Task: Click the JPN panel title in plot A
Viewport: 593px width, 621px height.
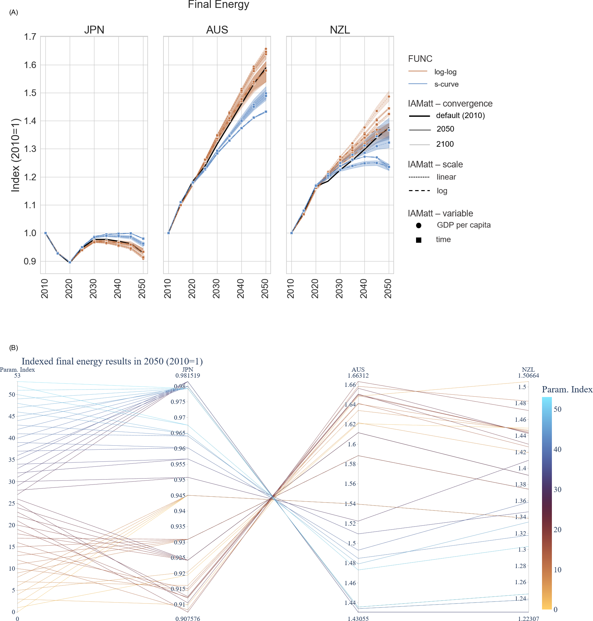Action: point(94,30)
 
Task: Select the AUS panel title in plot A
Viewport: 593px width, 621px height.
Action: point(217,30)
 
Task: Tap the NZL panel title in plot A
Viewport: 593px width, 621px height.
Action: point(340,30)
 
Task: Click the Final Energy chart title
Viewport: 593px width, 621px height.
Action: point(218,5)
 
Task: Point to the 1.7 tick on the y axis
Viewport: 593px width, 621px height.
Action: point(30,37)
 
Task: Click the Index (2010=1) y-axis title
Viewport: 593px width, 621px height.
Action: point(16,155)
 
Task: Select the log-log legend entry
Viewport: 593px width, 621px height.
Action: point(445,72)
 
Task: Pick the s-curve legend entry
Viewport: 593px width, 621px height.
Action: point(446,84)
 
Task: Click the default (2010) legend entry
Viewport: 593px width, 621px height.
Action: point(460,115)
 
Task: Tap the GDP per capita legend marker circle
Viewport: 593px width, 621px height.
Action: point(419,225)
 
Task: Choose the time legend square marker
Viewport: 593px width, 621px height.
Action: point(419,240)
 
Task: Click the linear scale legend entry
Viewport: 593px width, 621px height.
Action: point(446,177)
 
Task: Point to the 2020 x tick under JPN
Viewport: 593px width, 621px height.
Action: point(69,288)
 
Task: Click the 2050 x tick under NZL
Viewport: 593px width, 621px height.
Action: point(388,288)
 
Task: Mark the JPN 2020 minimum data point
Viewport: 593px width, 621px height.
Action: point(70,262)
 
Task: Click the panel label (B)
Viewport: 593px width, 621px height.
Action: point(13,348)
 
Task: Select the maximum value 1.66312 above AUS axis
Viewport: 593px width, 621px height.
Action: point(358,376)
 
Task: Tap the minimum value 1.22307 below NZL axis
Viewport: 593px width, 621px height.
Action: point(528,619)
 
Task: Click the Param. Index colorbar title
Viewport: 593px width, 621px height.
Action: point(567,389)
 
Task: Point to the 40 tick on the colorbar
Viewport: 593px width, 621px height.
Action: point(557,449)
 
